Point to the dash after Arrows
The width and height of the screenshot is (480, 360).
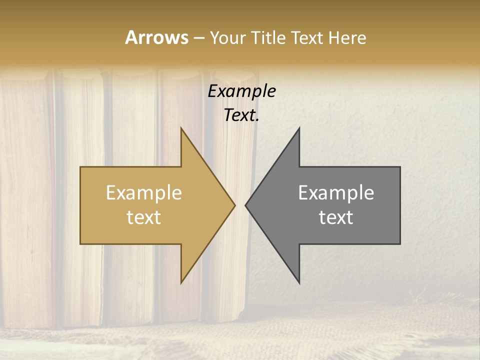(199, 38)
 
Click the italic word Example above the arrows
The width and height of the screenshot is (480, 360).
(242, 91)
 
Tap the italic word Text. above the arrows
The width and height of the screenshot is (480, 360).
(242, 115)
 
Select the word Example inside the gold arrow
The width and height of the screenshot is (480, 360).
(144, 193)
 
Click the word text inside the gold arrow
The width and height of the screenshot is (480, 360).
(144, 217)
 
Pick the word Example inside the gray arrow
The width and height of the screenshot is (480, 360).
(336, 193)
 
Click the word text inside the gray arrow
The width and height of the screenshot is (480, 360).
(336, 217)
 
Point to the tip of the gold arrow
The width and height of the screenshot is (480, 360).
(235, 205)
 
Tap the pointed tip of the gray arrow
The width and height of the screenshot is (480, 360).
(245, 205)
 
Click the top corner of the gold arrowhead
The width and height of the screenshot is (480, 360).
(181, 127)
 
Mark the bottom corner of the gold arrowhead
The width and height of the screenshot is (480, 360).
(181, 283)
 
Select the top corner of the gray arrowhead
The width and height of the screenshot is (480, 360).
(299, 127)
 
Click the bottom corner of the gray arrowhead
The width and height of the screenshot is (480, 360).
(299, 283)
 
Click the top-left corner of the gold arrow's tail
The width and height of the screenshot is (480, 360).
(80, 167)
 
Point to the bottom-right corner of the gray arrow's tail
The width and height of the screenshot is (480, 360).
(400, 243)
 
